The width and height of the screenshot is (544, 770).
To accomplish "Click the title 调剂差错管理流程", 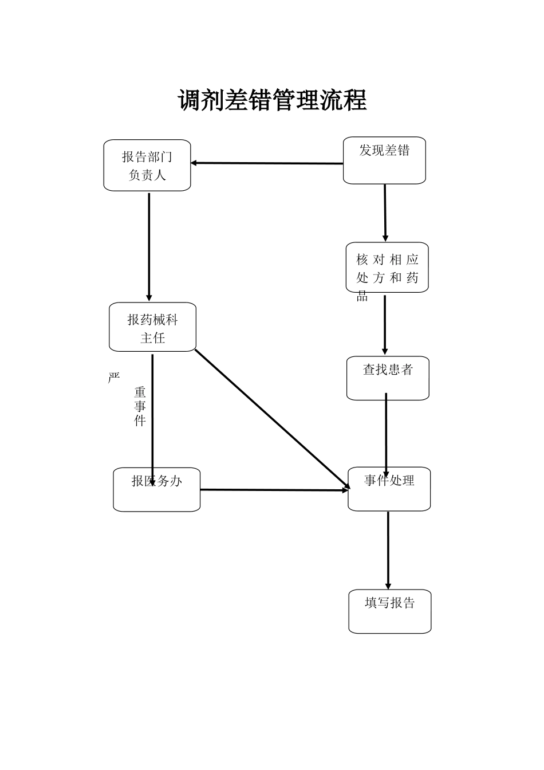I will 272,101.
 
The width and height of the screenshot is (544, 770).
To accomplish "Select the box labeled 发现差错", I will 384,161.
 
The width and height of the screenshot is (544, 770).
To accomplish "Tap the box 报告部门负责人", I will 147,166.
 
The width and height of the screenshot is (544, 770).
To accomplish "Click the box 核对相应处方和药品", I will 387,268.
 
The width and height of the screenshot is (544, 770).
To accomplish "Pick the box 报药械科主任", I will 152,328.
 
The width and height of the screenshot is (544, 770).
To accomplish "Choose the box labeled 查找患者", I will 388,379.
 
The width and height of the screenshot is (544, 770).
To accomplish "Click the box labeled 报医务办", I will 156,490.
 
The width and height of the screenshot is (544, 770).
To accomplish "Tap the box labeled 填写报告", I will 390,612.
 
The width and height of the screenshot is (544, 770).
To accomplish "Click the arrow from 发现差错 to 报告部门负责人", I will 267,163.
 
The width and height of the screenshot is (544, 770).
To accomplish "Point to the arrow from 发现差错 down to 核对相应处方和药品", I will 385,213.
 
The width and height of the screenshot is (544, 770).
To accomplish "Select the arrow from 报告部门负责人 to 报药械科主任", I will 149,246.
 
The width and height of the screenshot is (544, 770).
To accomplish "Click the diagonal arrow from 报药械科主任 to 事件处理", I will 272,419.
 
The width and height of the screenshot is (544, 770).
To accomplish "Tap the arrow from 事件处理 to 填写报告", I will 388,550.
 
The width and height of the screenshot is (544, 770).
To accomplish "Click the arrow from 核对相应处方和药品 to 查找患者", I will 385,324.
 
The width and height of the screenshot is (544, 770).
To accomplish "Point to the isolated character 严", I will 114,378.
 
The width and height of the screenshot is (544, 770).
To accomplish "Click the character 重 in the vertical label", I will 140,393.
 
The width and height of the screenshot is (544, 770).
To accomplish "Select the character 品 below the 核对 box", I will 362,296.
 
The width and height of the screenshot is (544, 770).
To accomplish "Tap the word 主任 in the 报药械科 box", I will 153,339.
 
